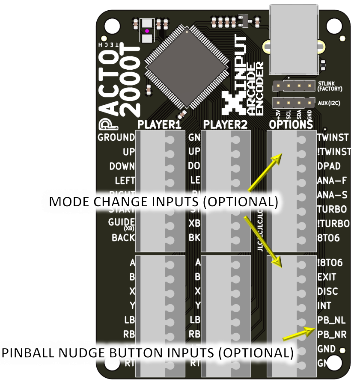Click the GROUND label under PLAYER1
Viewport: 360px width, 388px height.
click(116, 137)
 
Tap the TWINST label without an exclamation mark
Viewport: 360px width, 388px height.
click(333, 137)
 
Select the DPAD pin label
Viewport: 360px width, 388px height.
click(329, 166)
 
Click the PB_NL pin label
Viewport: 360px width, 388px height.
click(332, 320)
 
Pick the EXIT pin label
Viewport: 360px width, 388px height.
click(327, 277)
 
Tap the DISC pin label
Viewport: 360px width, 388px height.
click(327, 291)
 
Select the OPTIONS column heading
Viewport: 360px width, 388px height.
click(291, 124)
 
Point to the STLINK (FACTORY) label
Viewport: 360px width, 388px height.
click(330, 86)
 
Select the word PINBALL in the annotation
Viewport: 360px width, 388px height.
click(28, 353)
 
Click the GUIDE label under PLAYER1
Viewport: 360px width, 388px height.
click(122, 222)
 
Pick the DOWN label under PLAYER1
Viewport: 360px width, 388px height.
click(122, 166)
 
